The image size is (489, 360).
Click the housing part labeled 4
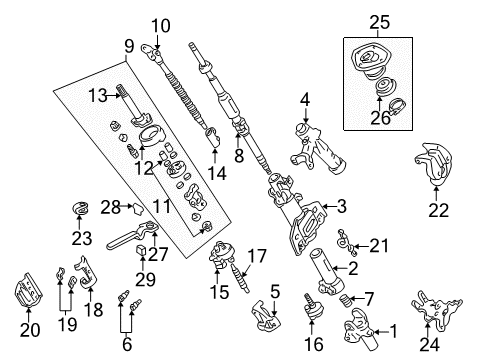[310, 146]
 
